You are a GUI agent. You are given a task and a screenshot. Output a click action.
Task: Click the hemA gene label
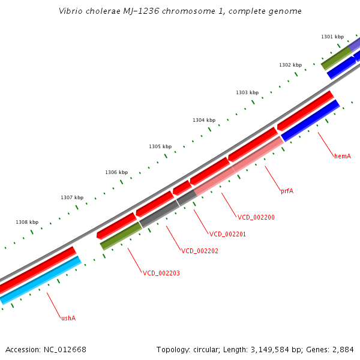[343, 156]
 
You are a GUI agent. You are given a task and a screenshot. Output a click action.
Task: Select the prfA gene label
[287, 191]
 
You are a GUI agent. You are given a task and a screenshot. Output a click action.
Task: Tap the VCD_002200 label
[256, 217]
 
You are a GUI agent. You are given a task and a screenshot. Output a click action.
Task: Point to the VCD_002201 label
[227, 234]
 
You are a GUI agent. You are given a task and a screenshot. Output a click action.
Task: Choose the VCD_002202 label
[200, 251]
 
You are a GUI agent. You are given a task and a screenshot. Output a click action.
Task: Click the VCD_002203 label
[161, 273]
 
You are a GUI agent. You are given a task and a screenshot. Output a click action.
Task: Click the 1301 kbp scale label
[332, 37]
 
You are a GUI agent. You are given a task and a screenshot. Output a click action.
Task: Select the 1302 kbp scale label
[290, 65]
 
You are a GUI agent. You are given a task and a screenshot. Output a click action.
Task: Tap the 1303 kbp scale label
[247, 92]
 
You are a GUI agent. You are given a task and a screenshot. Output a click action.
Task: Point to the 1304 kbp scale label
[204, 120]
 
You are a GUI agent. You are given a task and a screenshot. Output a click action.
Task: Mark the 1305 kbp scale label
[160, 146]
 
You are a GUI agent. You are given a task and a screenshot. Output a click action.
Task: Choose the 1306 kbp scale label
[116, 172]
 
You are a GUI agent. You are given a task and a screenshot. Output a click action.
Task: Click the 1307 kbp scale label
[72, 197]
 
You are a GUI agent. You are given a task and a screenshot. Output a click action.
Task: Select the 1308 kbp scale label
[27, 222]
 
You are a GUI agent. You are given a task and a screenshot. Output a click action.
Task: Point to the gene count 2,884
[343, 349]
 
